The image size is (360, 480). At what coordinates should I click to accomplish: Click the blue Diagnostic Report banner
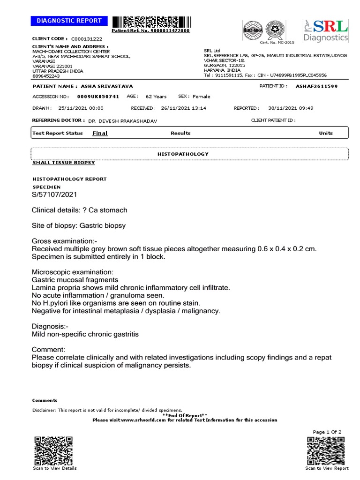pos(69,21)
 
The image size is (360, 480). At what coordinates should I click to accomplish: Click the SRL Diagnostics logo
pos(326,31)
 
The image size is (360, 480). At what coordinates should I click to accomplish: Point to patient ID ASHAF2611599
pos(316,87)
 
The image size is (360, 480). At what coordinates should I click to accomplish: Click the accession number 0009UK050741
pos(98,96)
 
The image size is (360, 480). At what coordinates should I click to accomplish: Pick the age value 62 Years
pos(156,97)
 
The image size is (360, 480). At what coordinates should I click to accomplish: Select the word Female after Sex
pos(202,97)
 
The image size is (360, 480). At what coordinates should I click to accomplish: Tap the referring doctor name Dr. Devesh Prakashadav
pos(123,121)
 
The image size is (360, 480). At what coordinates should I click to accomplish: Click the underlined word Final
pos(100,133)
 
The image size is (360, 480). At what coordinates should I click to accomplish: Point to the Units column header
pos(326,133)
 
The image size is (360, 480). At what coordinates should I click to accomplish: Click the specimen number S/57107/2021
pos(54,194)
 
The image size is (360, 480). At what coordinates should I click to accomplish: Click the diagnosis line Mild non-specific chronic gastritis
pos(85,334)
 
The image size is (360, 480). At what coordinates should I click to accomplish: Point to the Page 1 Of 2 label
pos(327,432)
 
